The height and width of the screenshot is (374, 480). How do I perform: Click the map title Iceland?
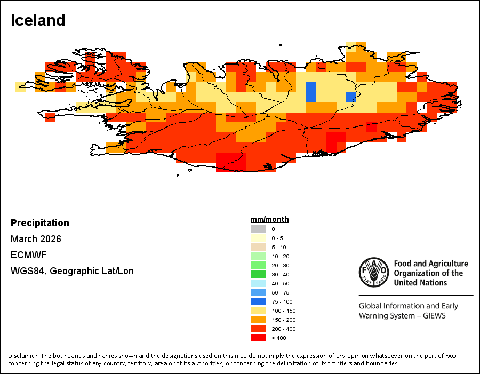[38, 20]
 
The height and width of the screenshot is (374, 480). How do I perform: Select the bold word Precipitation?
[40, 223]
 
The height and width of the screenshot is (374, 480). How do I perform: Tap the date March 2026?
[36, 239]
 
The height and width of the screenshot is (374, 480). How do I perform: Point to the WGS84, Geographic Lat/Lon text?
[72, 271]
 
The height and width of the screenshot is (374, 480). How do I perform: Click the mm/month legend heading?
[270, 219]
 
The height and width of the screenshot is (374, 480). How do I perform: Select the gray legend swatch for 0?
[258, 229]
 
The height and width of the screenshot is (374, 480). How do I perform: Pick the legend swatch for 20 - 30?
[258, 265]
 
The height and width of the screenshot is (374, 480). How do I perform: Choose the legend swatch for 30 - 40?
[258, 274]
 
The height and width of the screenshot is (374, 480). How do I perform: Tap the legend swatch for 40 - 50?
[258, 283]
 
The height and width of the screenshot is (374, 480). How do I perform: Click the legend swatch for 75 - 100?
[258, 301]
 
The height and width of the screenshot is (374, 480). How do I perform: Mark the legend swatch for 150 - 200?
[258, 320]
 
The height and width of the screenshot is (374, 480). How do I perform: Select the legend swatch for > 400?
[258, 338]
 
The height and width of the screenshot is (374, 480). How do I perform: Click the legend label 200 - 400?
[284, 329]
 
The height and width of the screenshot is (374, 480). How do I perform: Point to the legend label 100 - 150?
[284, 311]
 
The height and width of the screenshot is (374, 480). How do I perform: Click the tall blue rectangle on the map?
[311, 92]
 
